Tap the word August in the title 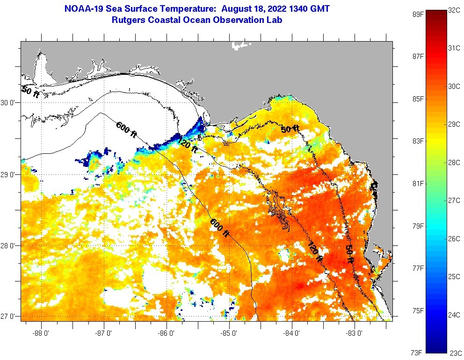coord(238,8)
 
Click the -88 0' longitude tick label coord(42,334)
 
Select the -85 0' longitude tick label coord(230,334)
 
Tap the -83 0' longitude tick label coord(355,334)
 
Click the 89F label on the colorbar coord(418,14)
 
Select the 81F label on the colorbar coord(418,184)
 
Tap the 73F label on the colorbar coord(418,352)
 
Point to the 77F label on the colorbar coord(418,268)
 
